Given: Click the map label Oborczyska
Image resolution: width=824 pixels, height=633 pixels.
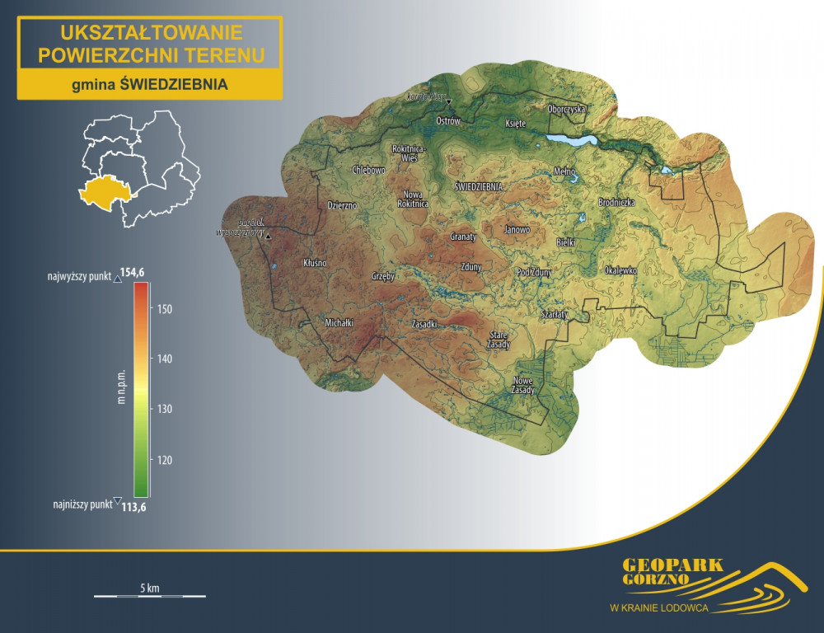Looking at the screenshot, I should pyautogui.click(x=566, y=109).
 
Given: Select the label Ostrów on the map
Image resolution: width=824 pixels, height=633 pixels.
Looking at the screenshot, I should pyautogui.click(x=447, y=121).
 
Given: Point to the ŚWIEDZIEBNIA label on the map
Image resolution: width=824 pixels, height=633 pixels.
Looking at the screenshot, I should pyautogui.click(x=479, y=187).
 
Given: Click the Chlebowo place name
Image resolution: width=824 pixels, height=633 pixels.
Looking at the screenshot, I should pyautogui.click(x=368, y=170).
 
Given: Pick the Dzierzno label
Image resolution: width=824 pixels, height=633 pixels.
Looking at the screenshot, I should pyautogui.click(x=342, y=205).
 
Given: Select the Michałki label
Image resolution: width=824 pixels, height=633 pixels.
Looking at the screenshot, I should pyautogui.click(x=339, y=323).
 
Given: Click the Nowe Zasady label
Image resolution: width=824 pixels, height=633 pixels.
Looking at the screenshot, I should pyautogui.click(x=523, y=385).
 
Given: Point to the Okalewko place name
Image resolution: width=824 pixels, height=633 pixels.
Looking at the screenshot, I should pyautogui.click(x=620, y=270).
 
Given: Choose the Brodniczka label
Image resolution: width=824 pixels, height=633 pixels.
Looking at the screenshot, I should pyautogui.click(x=616, y=202).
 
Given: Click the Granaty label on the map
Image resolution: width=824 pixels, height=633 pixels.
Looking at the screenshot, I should pyautogui.click(x=463, y=237).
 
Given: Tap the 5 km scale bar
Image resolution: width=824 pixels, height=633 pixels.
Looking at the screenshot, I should pyautogui.click(x=149, y=593).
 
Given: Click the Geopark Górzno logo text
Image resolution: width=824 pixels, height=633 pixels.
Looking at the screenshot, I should pyautogui.click(x=672, y=571).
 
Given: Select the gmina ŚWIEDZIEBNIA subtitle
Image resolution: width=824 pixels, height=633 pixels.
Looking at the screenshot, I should pyautogui.click(x=149, y=84).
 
